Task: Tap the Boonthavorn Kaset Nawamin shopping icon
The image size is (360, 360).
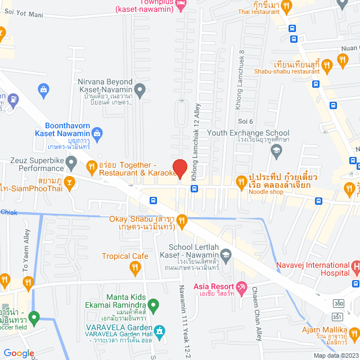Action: coord(98,133)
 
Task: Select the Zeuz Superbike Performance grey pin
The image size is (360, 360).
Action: coord(71,164)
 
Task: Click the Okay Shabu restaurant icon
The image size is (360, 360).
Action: coord(181,221)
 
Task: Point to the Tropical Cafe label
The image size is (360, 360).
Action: coord(125,256)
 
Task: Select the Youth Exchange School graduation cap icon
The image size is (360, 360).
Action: coord(276,150)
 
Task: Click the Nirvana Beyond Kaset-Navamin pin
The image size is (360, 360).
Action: coord(141,89)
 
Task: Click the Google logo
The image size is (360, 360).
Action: coord(19,353)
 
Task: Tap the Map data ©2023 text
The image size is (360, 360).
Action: coord(335,355)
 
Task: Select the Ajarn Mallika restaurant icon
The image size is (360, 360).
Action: coord(354,335)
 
